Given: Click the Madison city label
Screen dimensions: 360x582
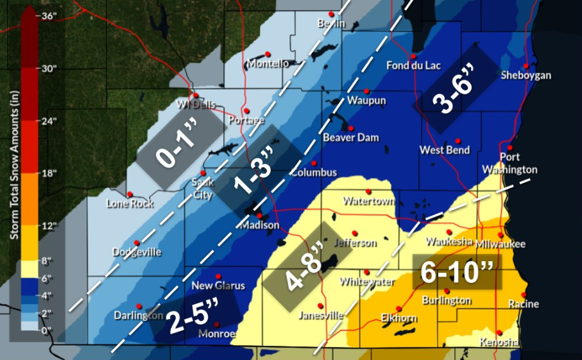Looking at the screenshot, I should point(260,225).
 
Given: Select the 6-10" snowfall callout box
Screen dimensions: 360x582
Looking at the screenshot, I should point(457,272).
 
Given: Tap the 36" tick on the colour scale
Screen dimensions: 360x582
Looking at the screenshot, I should point(48,16).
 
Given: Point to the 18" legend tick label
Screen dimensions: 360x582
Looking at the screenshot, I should point(49,173).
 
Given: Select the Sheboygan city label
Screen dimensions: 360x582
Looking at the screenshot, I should point(526,76).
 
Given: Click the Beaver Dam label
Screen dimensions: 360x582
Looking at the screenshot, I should point(350,137).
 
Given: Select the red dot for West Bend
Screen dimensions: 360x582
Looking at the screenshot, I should point(458,141).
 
